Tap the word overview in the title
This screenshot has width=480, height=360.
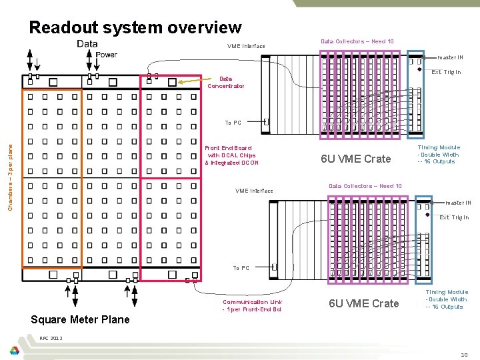(x=207, y=28)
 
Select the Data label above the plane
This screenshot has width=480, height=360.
(x=87, y=44)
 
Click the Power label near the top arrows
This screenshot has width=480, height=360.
(x=107, y=55)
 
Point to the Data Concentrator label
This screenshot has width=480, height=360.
(x=225, y=82)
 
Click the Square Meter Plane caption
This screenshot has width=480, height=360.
(x=81, y=319)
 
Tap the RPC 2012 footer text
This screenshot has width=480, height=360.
(x=51, y=338)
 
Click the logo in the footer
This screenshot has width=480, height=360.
(x=14, y=351)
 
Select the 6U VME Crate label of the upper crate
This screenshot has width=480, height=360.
(x=356, y=159)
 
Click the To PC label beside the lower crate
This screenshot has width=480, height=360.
(x=241, y=268)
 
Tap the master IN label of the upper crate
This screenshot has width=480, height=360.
(x=451, y=57)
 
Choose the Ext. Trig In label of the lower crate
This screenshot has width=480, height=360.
(x=454, y=217)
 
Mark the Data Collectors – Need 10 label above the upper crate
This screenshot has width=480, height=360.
(x=357, y=41)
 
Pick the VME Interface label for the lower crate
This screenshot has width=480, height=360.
(x=254, y=191)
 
